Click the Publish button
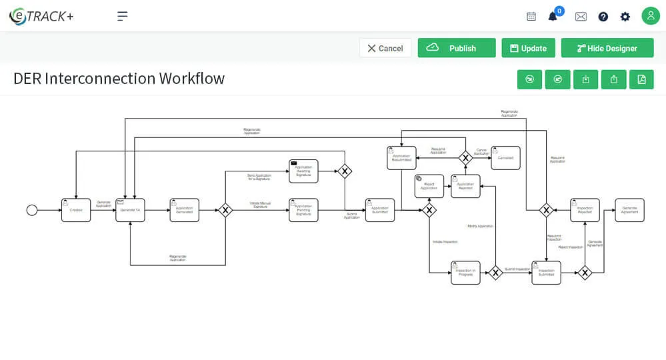[457, 48]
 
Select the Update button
[528, 48]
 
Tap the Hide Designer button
[607, 48]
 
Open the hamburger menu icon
[123, 16]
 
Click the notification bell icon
[553, 17]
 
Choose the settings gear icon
[625, 17]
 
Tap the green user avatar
[651, 16]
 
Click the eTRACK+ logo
[41, 16]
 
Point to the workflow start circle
[32, 210]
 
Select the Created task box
[76, 210]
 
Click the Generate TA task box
[130, 210]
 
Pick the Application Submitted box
[380, 210]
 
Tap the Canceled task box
[505, 158]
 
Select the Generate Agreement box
[629, 210]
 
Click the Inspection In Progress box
[465, 273]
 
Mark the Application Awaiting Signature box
[303, 171]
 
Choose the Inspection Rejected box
[585, 210]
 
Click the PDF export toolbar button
[641, 79]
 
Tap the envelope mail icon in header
[581, 17]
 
